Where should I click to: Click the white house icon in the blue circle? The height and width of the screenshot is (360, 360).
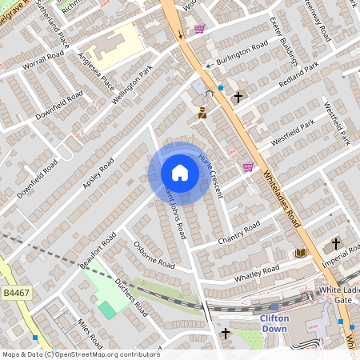[x=180, y=173]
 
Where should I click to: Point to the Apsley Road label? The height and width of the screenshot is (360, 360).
[x=98, y=173]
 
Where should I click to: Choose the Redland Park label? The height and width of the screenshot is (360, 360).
[x=298, y=74]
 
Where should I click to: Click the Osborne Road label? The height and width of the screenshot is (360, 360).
[x=154, y=255]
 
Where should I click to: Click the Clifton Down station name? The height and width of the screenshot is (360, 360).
[x=274, y=322]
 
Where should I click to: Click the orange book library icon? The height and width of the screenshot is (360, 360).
[x=301, y=254]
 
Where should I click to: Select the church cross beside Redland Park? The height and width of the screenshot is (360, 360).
[x=238, y=98]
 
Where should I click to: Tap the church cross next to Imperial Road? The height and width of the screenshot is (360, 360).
[x=336, y=242]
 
